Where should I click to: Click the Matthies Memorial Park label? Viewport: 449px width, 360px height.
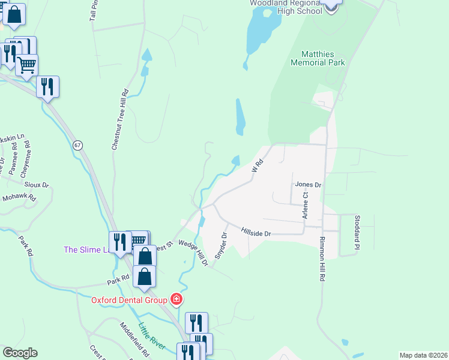click(318, 58)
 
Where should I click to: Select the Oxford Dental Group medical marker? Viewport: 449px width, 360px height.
click(176, 299)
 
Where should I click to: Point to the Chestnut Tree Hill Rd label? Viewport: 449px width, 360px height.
click(120, 119)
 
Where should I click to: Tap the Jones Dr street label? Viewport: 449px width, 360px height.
click(308, 185)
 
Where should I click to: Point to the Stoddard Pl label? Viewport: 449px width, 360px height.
click(357, 233)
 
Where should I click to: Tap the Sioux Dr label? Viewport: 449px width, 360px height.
click(37, 185)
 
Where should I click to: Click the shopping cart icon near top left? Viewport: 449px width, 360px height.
click(27, 65)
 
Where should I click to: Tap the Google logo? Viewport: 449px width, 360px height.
click(20, 353)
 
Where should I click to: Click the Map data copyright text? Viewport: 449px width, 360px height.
click(423, 355)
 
